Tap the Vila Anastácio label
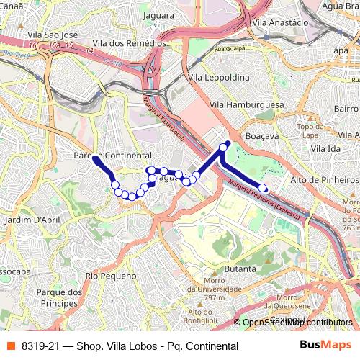(280, 22)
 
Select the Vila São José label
(51, 34)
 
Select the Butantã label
(242, 268)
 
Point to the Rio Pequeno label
(110, 276)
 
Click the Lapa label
(338, 50)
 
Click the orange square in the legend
(10, 346)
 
